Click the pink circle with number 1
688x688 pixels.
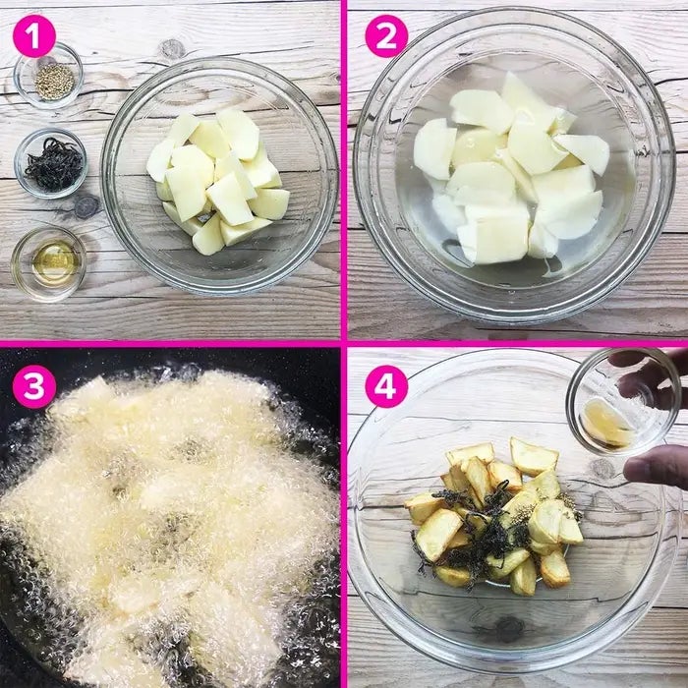click(34, 36)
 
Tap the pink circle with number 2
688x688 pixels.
click(386, 36)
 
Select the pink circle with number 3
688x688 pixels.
click(34, 387)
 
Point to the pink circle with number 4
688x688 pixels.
click(386, 387)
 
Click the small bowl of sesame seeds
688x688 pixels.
click(48, 78)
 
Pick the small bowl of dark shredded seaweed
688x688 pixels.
click(51, 163)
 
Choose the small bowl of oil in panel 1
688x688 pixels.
click(48, 264)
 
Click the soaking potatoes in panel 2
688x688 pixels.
click(512, 169)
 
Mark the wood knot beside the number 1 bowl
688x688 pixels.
click(172, 49)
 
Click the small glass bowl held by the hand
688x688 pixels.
click(622, 401)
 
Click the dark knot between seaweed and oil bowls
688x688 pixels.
click(86, 206)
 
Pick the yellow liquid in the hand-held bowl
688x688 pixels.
click(606, 423)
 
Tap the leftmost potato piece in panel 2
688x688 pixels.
click(433, 148)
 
